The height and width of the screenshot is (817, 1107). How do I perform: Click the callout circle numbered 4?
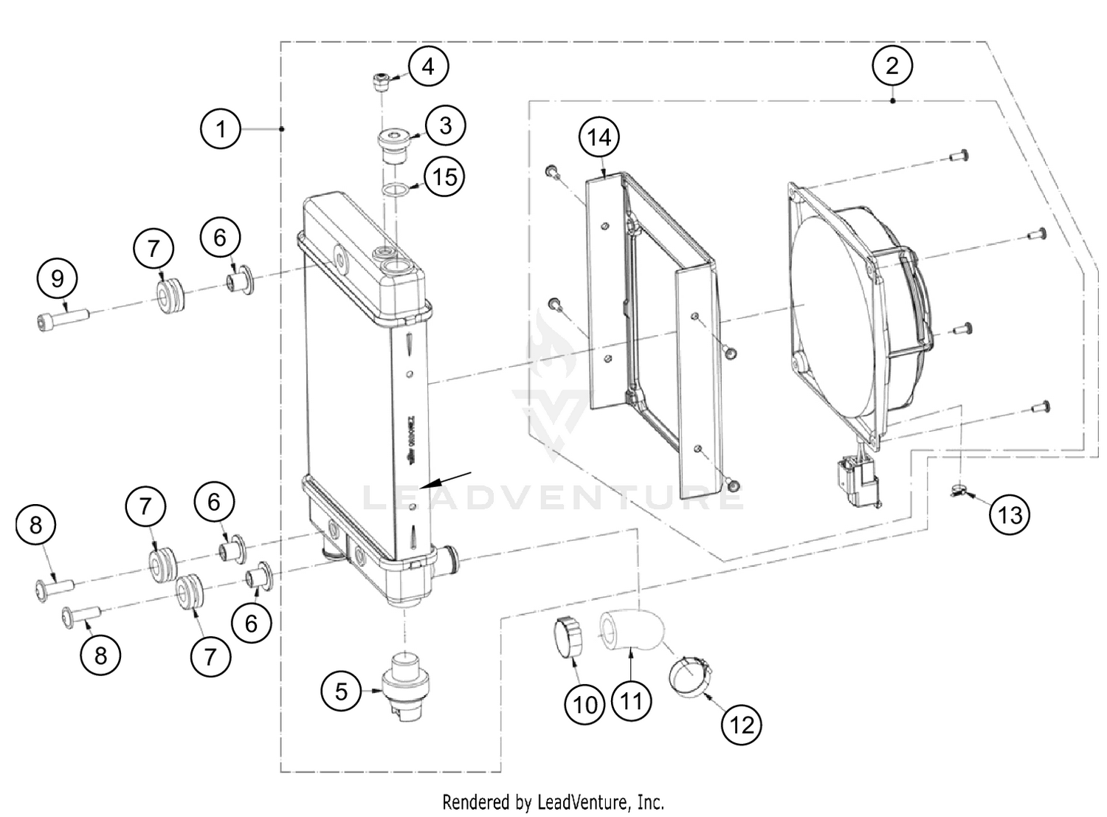(428, 66)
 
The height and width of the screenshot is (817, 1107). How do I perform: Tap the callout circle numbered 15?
(445, 177)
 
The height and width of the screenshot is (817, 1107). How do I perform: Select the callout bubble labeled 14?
(599, 137)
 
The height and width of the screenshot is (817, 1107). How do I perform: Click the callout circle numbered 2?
(892, 66)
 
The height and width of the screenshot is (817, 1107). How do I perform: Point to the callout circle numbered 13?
(1010, 514)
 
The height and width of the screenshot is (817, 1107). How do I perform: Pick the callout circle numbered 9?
(57, 278)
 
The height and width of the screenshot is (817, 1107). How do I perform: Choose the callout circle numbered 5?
(341, 692)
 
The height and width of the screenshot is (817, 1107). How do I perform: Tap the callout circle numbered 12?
(741, 725)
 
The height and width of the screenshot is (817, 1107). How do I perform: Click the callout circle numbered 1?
(221, 130)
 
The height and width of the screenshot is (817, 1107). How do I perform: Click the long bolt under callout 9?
(63, 320)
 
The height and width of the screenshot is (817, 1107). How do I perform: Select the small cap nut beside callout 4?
(382, 81)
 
